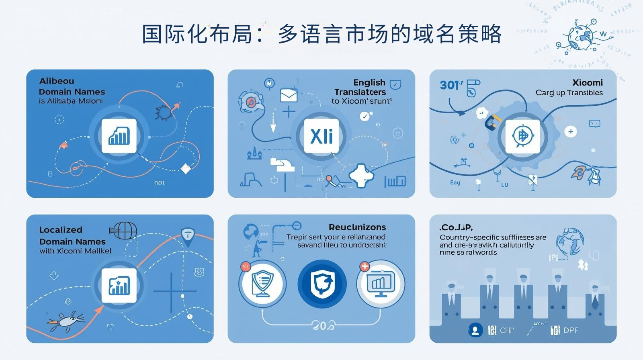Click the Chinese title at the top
321,34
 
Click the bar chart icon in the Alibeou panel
119,136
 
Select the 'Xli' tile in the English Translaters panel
321,136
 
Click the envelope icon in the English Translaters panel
288,96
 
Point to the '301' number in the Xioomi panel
450,85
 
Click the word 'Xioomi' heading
587,82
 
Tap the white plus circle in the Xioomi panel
570,131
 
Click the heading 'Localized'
61,230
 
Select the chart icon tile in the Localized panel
119,285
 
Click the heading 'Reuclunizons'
357,227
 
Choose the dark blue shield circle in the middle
322,284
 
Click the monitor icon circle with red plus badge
380,284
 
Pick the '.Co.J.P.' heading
456,227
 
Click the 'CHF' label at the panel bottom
507,330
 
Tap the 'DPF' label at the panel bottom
571,330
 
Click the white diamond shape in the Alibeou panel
186,169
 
